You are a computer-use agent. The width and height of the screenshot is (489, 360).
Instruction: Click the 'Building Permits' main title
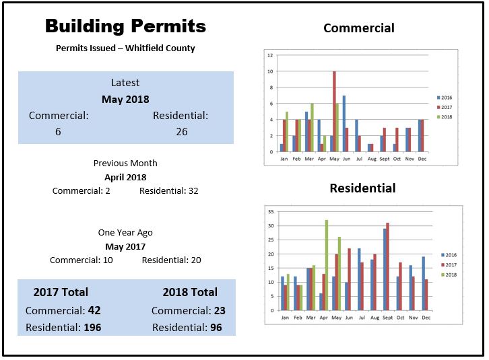125,27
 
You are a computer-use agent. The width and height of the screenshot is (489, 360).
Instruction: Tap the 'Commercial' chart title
358,28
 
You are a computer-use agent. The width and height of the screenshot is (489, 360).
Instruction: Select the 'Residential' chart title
362,188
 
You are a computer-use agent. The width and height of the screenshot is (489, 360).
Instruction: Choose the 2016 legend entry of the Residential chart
449,255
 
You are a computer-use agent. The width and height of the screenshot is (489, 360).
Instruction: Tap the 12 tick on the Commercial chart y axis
270,55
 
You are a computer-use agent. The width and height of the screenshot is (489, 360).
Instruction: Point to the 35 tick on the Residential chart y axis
270,211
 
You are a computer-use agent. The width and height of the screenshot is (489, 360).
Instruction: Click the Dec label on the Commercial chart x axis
421,159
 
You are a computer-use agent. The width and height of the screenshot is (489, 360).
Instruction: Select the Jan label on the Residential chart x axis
285,318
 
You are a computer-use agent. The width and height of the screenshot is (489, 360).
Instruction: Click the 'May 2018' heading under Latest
125,99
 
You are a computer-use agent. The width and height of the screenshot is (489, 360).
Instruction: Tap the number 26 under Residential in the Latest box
182,131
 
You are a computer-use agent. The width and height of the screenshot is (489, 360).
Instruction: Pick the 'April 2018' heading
125,177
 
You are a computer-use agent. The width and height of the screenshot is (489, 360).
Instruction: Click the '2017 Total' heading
61,292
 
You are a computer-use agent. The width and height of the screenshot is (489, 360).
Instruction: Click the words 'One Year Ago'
125,233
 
